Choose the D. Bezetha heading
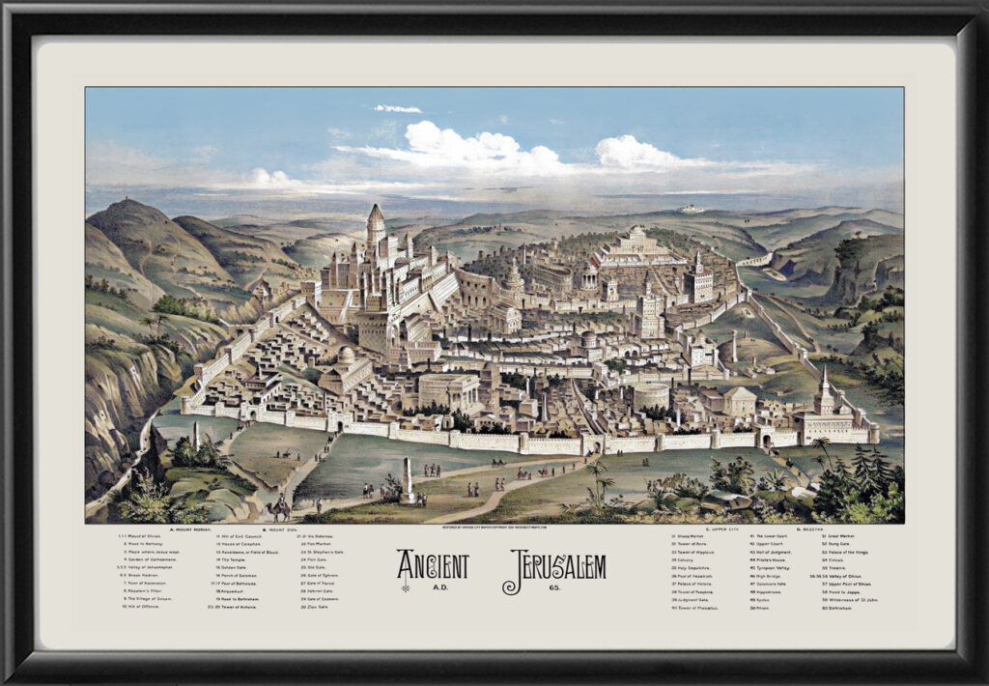point(815,529)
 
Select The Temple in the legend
point(234,561)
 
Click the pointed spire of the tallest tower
point(375,211)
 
